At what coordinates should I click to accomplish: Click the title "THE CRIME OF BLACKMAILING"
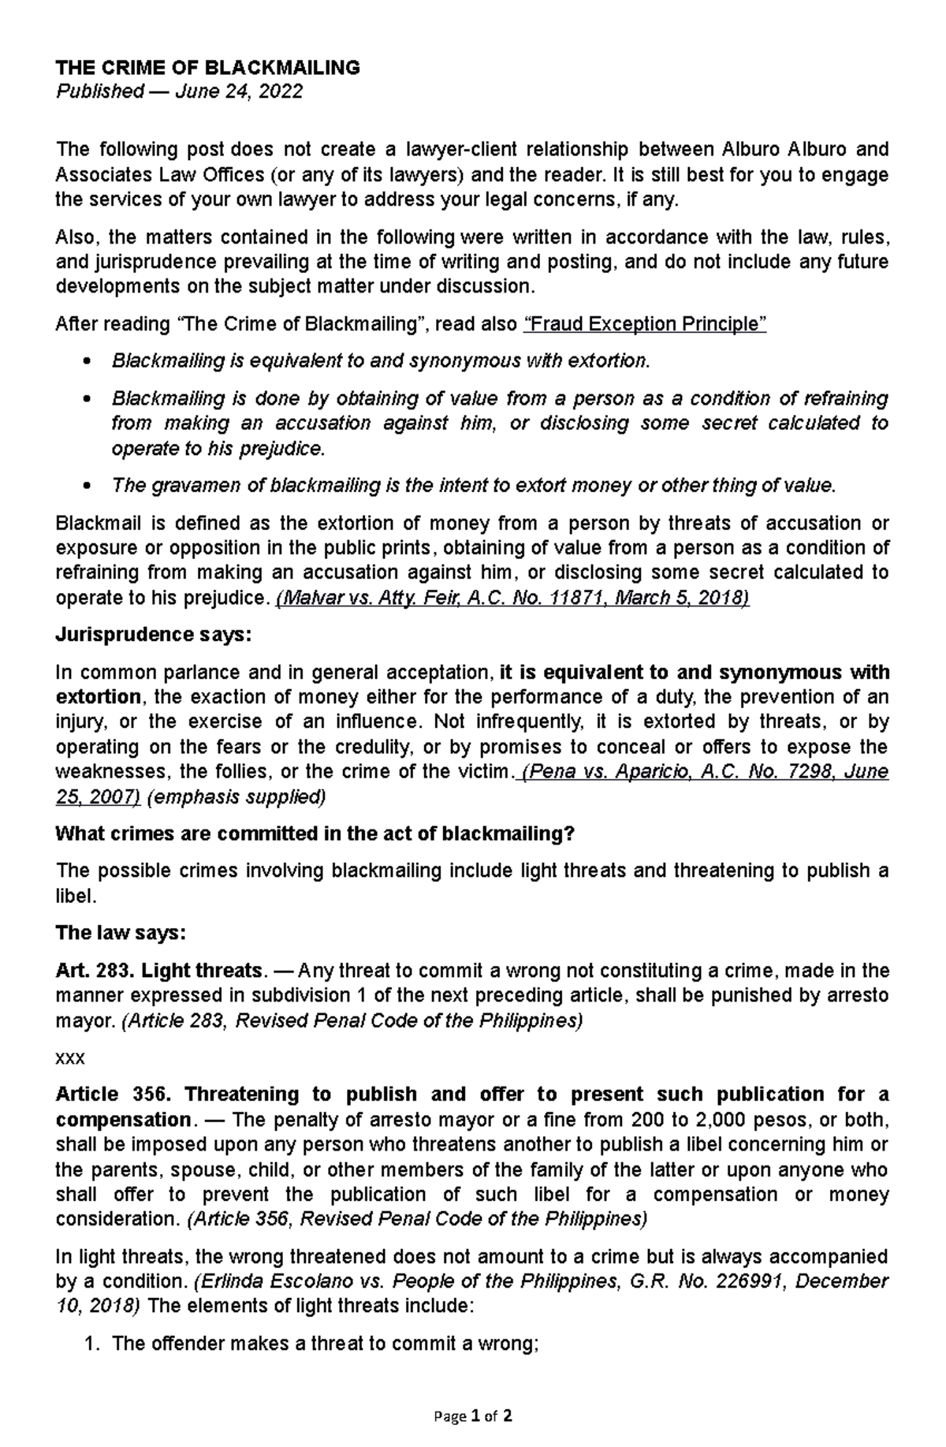pyautogui.click(x=207, y=68)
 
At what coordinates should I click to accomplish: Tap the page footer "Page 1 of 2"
pyautogui.click(x=473, y=1416)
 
